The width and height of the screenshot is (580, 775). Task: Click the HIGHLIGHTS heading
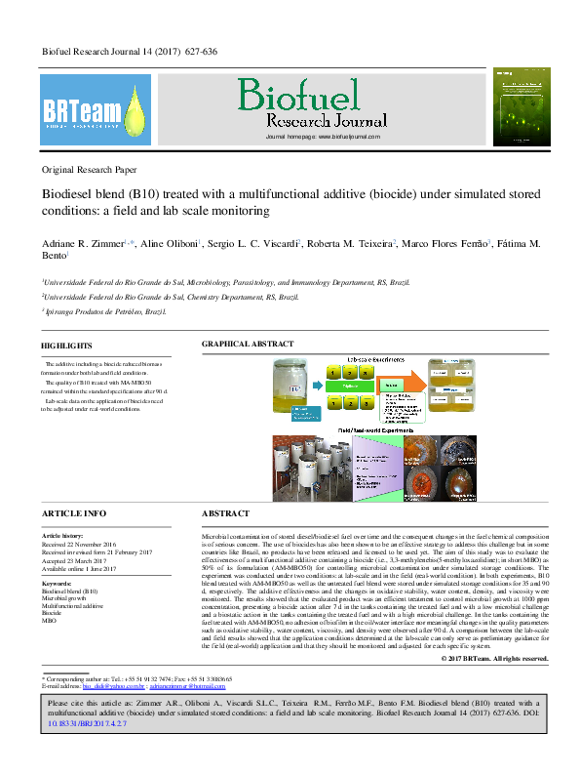(66, 346)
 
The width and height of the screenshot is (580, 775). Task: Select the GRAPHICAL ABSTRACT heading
(247, 346)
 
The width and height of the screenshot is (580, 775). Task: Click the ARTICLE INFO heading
(73, 512)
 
